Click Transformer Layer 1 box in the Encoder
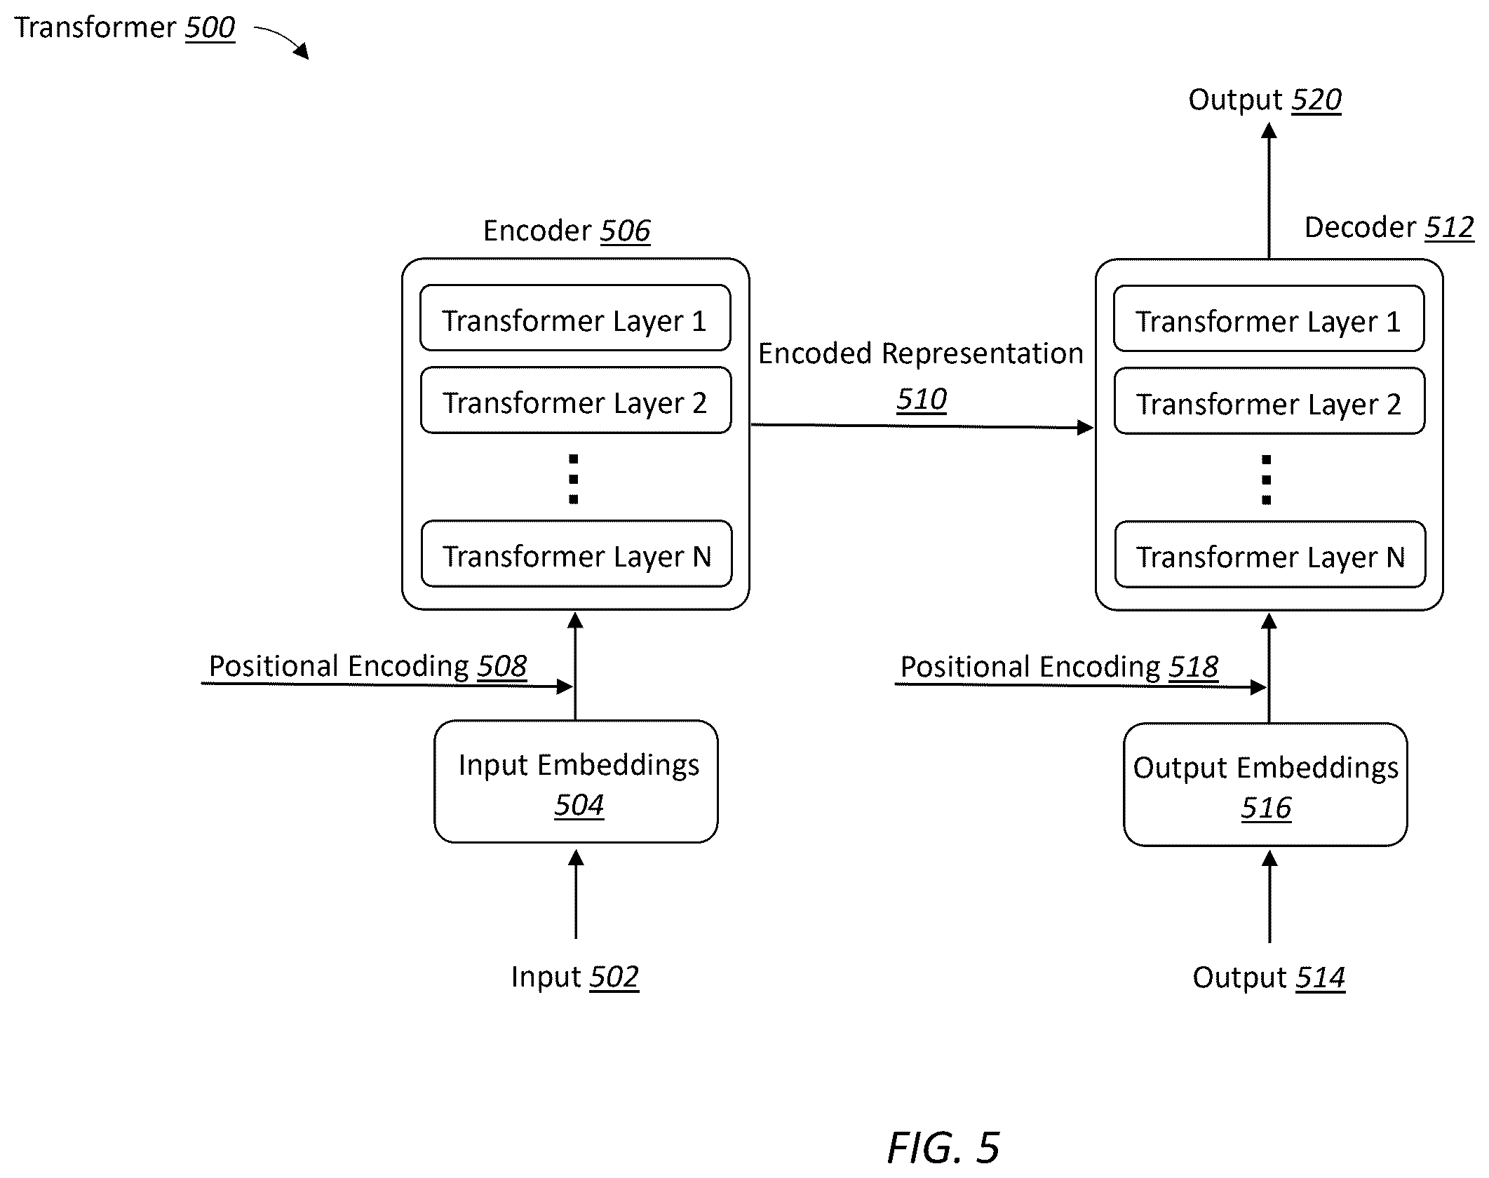point(575,318)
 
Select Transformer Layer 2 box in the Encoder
point(576,400)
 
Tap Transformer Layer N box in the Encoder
point(577,554)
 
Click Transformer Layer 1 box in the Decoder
point(1269,318)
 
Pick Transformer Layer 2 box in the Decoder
point(1269,401)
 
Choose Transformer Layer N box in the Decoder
point(1270,555)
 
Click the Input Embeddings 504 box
point(576,782)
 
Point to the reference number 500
point(210,28)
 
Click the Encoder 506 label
point(567,231)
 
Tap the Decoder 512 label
point(1389,228)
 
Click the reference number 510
point(922,400)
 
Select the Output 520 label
point(1265,100)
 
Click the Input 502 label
point(574,977)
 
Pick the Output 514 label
point(1269,977)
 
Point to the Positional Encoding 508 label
point(368,666)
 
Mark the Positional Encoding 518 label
point(1059,667)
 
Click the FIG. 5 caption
point(943,1148)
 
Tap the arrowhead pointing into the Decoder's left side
point(1086,427)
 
